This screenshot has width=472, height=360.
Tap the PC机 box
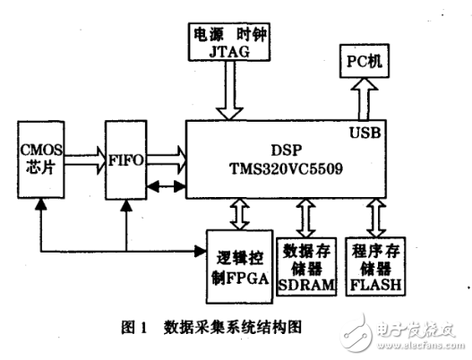click(364, 63)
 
